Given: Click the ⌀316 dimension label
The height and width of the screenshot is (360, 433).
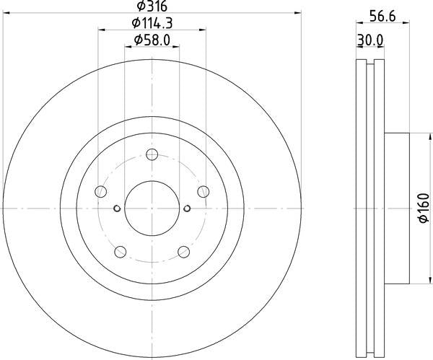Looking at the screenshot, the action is [152, 6].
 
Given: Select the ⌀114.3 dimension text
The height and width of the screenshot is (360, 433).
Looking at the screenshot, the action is [152, 23].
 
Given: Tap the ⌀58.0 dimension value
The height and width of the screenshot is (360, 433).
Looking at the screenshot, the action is [152, 40].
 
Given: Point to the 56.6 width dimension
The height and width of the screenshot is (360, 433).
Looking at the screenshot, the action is [382, 17].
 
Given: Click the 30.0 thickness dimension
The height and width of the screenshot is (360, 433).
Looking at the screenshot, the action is [370, 40].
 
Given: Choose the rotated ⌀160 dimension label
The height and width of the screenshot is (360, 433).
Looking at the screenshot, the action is [424, 208].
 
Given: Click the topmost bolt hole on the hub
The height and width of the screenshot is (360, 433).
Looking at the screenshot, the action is [152, 154].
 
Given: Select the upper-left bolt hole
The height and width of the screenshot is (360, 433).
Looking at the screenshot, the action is [101, 192].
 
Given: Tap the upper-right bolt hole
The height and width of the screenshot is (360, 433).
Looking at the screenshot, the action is [204, 192].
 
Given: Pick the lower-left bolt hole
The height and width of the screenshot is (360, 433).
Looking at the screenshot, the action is [120, 252].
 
